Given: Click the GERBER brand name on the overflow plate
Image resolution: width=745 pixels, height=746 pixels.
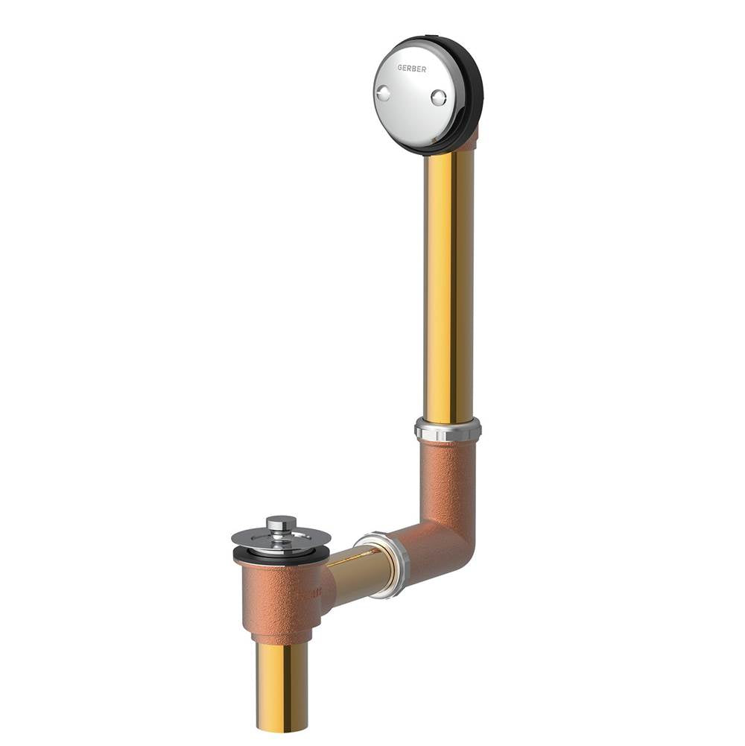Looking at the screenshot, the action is (x=411, y=69).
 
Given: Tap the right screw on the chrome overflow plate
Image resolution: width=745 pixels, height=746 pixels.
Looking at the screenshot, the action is (x=439, y=98).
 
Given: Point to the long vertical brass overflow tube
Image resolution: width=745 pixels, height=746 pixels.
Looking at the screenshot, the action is (x=449, y=285).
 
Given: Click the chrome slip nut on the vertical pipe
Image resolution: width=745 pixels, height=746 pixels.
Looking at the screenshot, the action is (x=448, y=429).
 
